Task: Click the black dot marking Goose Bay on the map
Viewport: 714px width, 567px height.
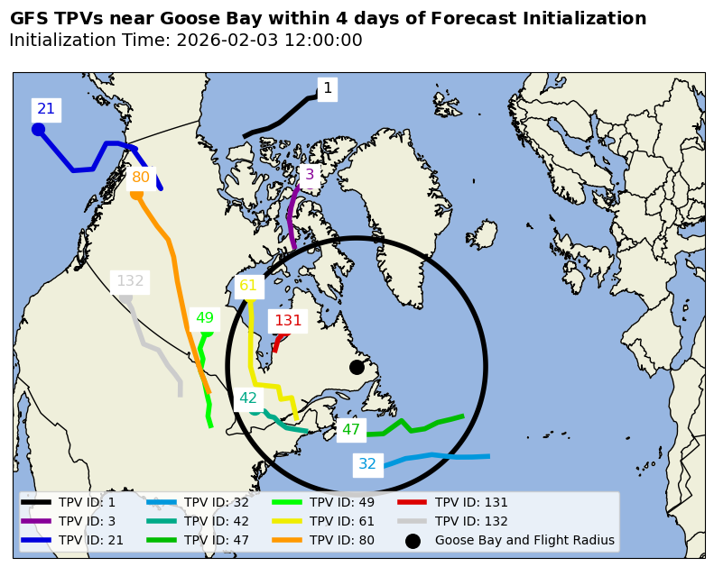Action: [x=357, y=367]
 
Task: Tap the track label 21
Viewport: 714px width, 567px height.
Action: [x=46, y=109]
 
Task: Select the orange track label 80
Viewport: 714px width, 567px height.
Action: [x=141, y=178]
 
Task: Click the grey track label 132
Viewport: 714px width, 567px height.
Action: [x=130, y=281]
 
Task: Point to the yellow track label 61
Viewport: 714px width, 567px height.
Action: [x=248, y=286]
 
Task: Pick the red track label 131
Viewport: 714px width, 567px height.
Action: [x=288, y=321]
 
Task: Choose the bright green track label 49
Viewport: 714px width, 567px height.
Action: [x=205, y=318]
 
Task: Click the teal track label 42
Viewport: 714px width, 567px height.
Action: [x=248, y=398]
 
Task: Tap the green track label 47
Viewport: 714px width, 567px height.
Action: [x=351, y=430]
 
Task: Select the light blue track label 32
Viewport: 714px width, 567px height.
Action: [x=367, y=464]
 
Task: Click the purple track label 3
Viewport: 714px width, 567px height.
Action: [x=310, y=175]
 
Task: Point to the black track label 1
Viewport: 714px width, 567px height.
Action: [x=328, y=88]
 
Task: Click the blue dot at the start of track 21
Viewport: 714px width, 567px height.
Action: [x=38, y=129]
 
